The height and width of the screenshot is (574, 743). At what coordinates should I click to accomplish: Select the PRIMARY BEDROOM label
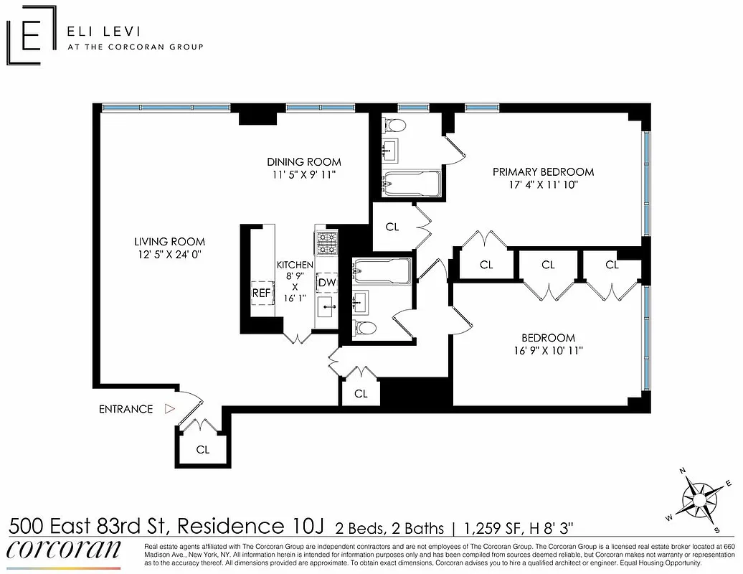pos(543,171)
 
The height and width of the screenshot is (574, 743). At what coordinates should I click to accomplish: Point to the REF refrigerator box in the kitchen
pos(262,293)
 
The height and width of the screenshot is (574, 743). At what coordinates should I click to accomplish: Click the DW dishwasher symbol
pos(327,283)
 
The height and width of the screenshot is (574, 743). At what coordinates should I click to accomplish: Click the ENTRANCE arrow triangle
pos(169,409)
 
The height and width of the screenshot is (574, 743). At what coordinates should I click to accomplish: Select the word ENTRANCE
pos(126,409)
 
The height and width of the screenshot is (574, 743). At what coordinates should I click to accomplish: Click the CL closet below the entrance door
pos(203,450)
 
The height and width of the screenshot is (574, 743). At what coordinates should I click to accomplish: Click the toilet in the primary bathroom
pos(394,126)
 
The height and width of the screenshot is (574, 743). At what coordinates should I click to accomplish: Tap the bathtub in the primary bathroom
pos(412,184)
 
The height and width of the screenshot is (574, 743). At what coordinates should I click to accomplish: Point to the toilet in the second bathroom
pos(365,329)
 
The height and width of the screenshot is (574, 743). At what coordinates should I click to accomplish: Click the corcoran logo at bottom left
pos(64,549)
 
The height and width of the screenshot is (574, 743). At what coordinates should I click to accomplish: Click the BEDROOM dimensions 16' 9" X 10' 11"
pos(548,351)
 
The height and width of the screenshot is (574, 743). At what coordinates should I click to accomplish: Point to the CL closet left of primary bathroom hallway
pos(392,227)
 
